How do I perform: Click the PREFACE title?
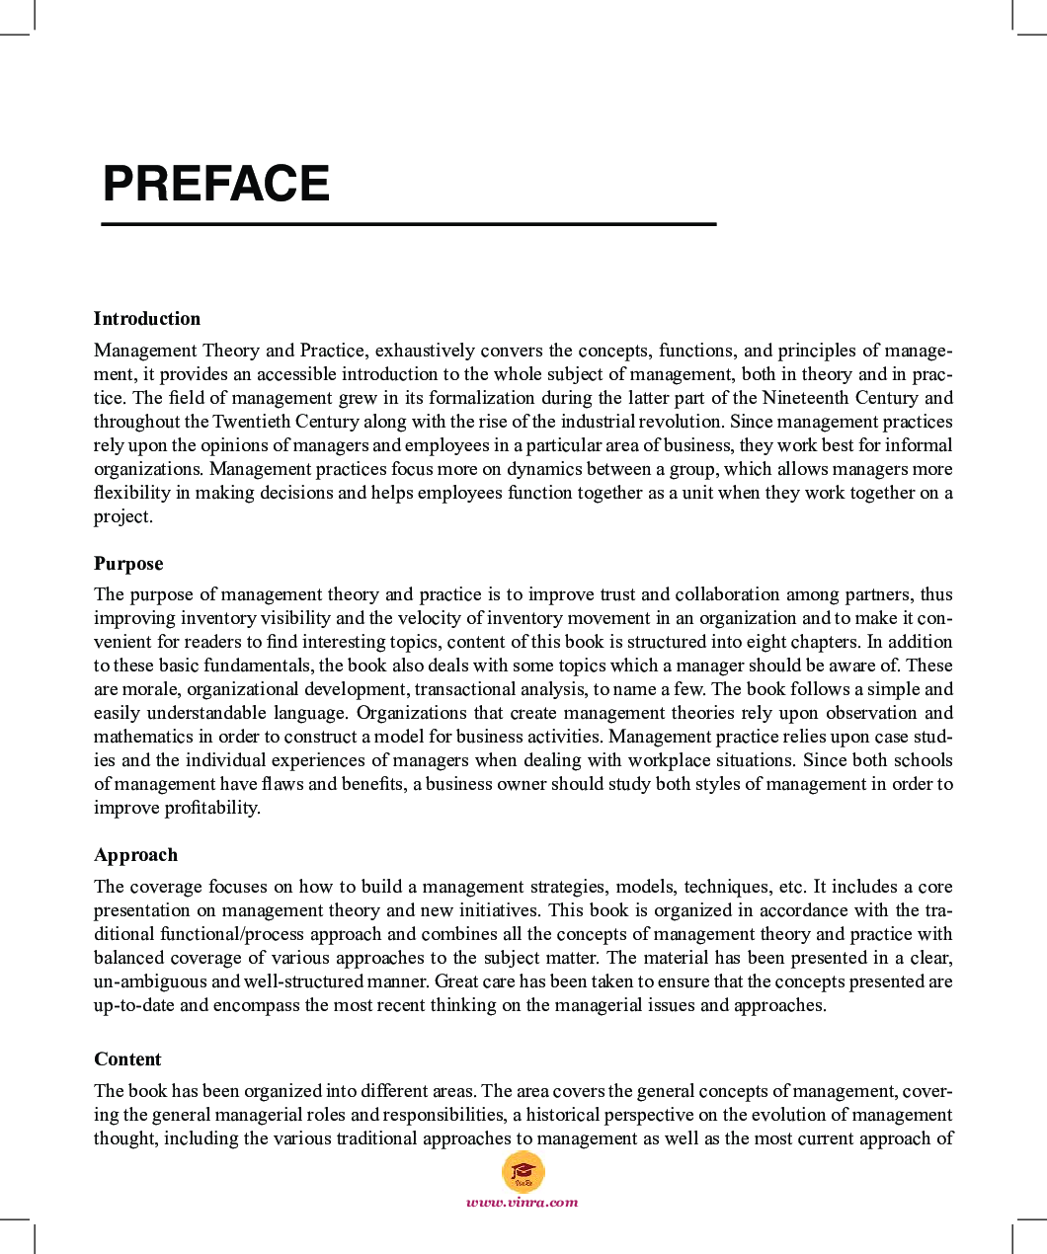(x=215, y=184)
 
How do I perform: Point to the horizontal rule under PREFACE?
(x=408, y=225)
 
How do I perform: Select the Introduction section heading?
(x=147, y=319)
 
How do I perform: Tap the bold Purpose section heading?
(x=128, y=564)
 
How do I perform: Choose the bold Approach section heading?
(x=135, y=855)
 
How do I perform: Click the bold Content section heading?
(x=127, y=1059)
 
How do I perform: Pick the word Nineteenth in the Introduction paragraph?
(x=804, y=398)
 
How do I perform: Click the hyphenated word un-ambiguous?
(x=150, y=981)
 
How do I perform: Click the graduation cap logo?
(x=523, y=1173)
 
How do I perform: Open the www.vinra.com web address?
(x=523, y=1203)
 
